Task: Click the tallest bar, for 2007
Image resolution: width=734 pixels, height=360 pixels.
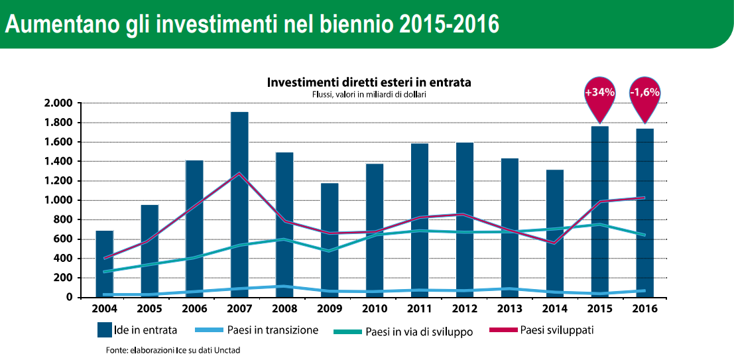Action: [239, 205]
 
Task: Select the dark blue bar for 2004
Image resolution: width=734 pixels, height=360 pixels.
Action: [104, 264]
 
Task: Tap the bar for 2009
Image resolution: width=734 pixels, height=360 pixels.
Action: [329, 240]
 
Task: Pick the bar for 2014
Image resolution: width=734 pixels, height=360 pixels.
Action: [555, 233]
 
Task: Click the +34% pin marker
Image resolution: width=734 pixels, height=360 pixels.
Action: [599, 99]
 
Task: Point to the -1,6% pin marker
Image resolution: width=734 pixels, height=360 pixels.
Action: [644, 99]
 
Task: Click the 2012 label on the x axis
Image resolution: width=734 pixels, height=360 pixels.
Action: [465, 309]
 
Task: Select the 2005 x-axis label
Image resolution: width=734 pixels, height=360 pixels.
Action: [149, 309]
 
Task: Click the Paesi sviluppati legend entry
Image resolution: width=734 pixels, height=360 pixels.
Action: [542, 330]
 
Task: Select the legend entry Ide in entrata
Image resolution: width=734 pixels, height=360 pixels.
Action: [137, 330]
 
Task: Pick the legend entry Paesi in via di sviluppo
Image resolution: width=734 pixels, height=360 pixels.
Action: [403, 332]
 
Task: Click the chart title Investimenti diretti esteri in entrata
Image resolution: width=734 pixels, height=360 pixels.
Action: [369, 82]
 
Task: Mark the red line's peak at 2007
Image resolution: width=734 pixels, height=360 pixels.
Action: [239, 173]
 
